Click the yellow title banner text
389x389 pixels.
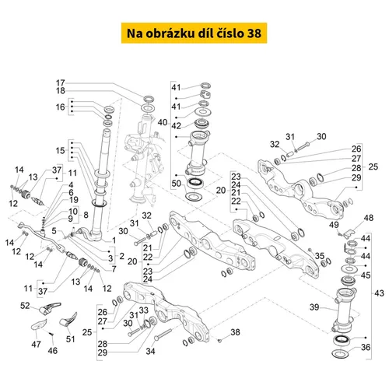pos(194,33)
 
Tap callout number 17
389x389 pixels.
pos(61,83)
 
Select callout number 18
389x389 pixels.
pos(61,91)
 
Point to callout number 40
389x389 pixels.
pos(163,122)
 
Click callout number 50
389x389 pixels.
pos(177,184)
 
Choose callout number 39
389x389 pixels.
pos(314,307)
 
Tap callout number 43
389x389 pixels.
pos(379,293)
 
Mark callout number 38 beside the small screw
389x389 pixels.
pos(235,332)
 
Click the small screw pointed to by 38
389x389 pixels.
pos(220,340)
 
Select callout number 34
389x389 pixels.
pos(150,351)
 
